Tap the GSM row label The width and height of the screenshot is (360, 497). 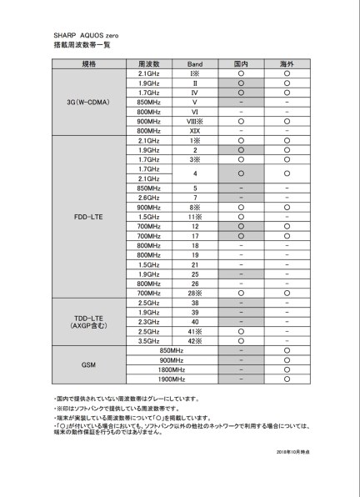pyautogui.click(x=89, y=364)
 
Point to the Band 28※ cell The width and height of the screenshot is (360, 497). pyautogui.click(x=195, y=294)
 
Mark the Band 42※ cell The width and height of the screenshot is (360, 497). pyautogui.click(x=195, y=339)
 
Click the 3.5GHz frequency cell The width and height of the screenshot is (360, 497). pyautogui.click(x=149, y=339)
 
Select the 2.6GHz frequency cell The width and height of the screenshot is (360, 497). pyautogui.click(x=149, y=198)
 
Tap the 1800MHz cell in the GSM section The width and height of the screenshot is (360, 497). pyautogui.click(x=172, y=369)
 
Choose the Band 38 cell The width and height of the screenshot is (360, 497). pyautogui.click(x=195, y=303)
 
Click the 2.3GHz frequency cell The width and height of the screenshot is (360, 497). pyautogui.click(x=149, y=321)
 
